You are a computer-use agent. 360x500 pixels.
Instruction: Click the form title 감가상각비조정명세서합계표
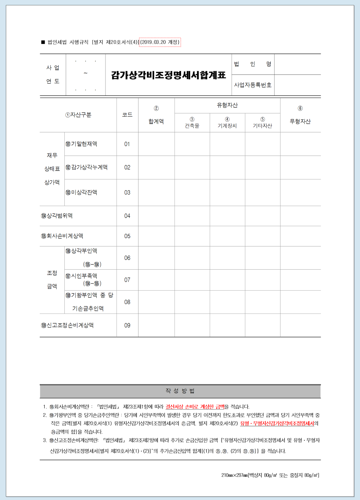coord(168,75)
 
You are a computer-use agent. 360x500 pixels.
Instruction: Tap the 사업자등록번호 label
coord(253,85)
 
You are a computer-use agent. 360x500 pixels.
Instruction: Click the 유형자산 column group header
coord(227,105)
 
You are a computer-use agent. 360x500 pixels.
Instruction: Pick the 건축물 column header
coord(192,125)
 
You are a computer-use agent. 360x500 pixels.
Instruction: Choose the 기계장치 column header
coord(227,125)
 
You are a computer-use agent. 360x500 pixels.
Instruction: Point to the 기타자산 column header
coord(262,125)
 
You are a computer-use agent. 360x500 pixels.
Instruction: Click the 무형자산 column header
coord(300,121)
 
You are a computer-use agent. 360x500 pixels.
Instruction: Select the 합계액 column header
coord(156,121)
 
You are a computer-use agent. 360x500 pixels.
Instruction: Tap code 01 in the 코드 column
coord(127,144)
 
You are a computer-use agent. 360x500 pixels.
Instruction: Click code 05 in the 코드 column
coord(127,236)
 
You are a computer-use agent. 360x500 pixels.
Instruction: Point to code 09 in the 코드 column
coord(127,325)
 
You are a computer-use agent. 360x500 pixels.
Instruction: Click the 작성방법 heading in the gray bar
coord(180,391)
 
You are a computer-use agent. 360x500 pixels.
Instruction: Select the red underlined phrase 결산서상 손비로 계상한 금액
coord(195,407)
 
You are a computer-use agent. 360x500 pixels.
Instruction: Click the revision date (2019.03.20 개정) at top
coord(160,42)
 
